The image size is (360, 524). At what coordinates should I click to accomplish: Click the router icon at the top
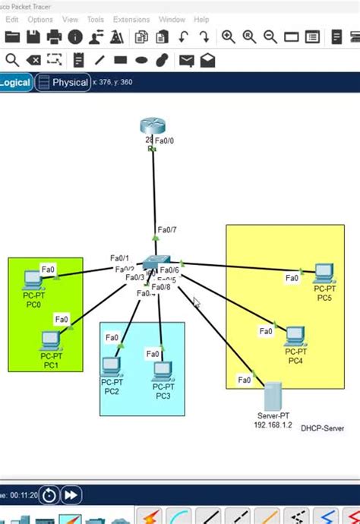click(x=150, y=128)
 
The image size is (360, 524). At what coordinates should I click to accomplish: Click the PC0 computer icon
click(x=33, y=279)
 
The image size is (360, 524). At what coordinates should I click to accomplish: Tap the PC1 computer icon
click(x=51, y=339)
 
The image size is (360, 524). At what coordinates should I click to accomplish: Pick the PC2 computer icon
click(x=111, y=367)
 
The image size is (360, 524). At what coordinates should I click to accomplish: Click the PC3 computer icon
click(x=163, y=371)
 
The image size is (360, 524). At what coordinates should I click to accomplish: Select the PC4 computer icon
click(x=295, y=335)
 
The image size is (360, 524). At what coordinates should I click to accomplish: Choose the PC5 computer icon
click(x=324, y=272)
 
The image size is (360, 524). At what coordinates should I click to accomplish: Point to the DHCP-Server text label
click(x=322, y=428)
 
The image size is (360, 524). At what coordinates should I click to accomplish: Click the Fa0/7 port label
click(x=167, y=229)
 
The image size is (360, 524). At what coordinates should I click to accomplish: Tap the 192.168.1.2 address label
click(x=273, y=425)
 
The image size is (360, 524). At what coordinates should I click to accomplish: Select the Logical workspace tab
click(x=15, y=83)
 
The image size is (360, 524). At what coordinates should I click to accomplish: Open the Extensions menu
click(x=131, y=20)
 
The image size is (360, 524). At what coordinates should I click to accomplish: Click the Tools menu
click(x=96, y=20)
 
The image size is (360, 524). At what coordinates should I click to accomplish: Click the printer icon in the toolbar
click(x=54, y=37)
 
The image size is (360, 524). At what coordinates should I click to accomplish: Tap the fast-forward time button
click(x=71, y=495)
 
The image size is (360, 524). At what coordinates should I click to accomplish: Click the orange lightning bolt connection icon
click(x=152, y=516)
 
